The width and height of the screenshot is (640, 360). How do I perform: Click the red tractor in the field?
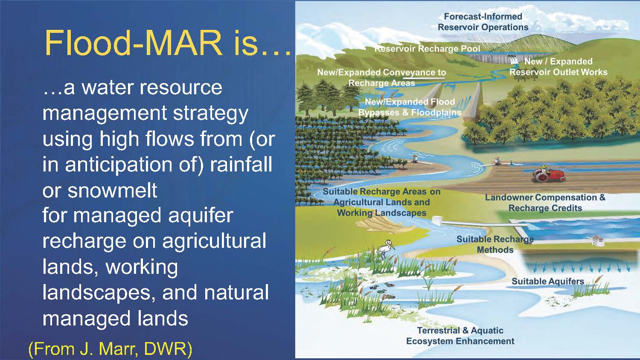[x=549, y=174]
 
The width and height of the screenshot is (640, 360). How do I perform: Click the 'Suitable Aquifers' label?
[x=548, y=281]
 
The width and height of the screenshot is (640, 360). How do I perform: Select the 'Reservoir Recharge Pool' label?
[x=427, y=49]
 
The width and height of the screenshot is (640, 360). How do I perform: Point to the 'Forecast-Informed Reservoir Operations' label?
[x=483, y=22]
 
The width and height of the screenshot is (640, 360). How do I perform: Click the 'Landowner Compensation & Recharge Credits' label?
[x=545, y=203]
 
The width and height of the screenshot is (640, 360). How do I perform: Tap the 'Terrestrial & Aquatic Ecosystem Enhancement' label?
[x=460, y=336]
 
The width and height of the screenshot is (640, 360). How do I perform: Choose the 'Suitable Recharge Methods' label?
[x=495, y=244]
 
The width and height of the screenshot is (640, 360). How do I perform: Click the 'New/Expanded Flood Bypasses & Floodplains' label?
[x=410, y=107]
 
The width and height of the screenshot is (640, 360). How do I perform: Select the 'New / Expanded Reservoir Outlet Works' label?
[x=558, y=67]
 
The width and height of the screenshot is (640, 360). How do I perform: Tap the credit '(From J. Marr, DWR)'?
[x=110, y=348]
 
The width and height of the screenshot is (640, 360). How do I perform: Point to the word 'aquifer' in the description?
[x=201, y=215]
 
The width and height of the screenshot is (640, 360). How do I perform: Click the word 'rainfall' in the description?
[x=241, y=165]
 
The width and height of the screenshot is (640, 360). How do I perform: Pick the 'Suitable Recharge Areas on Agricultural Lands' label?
[x=382, y=197]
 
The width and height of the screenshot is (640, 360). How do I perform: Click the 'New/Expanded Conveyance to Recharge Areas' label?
[x=382, y=78]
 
